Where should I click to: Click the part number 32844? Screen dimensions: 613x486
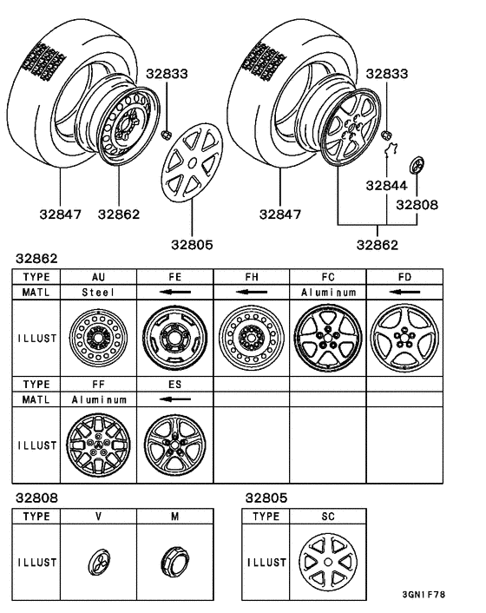coord(388,184)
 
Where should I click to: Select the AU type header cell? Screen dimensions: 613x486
coord(98,275)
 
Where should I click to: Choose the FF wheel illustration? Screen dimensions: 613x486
coord(98,443)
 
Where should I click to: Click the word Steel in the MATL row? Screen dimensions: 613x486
coord(98,293)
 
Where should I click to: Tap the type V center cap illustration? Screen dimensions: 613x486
coord(98,562)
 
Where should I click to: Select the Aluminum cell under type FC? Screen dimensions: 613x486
coord(327,293)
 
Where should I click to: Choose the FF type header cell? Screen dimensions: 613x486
coord(98,382)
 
